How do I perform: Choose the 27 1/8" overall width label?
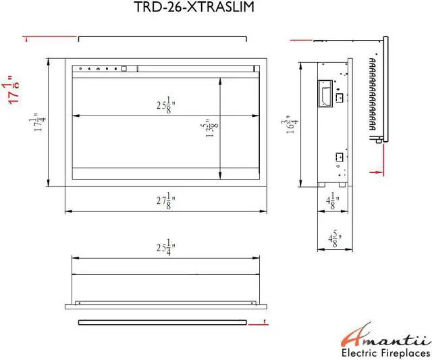point(165,201)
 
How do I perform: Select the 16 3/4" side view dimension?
point(290,124)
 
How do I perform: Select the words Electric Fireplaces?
point(385,353)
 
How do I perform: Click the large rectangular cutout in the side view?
point(325,94)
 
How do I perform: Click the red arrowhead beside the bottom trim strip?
point(252,323)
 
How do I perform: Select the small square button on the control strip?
point(124,68)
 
